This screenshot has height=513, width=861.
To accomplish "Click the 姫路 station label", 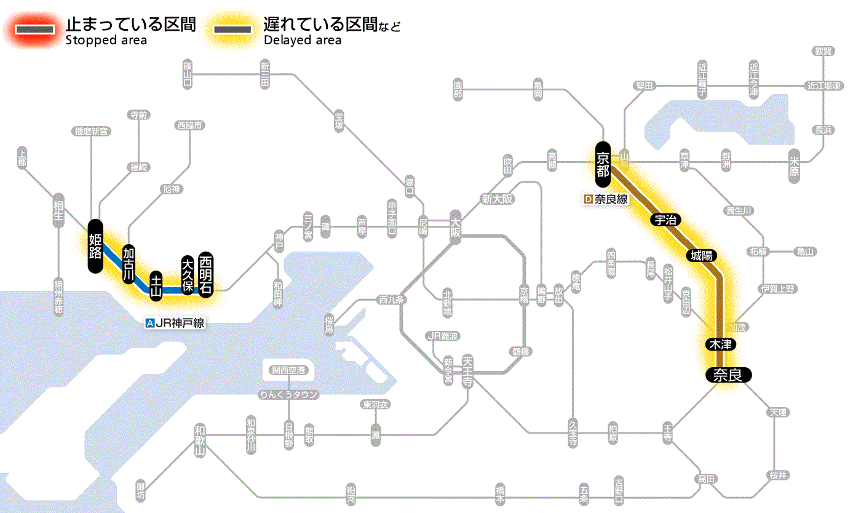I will [95, 245].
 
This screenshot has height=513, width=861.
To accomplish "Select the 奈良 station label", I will [728, 375].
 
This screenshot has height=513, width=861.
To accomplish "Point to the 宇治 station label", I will [664, 220].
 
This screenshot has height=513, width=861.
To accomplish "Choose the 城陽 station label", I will [703, 255].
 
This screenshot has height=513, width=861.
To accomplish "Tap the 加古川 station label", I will [129, 263].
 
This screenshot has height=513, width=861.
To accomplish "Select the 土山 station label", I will [156, 287].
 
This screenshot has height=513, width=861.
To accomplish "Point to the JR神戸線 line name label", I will [175, 323].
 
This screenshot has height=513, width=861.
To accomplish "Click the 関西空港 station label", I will [288, 370].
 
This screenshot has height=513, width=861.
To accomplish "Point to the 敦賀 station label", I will [823, 51].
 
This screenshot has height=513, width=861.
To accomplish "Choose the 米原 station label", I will [795, 166].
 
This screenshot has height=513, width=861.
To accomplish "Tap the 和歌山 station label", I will [200, 440].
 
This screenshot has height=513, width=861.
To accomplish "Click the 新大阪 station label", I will [497, 199].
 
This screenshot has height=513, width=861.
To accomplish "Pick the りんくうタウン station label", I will [288, 395].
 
